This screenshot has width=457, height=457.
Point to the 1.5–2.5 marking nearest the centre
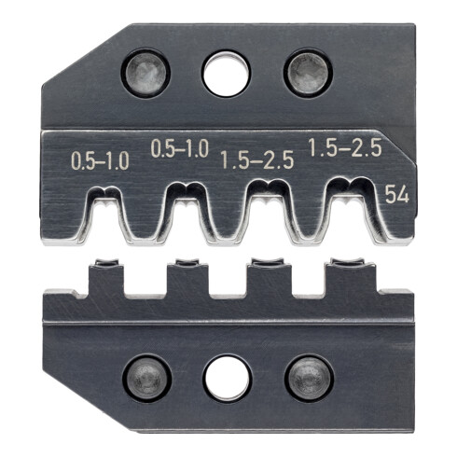coord(258,160)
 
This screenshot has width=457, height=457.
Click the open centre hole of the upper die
coord(227,74)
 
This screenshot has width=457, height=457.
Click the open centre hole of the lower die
coord(227,378)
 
